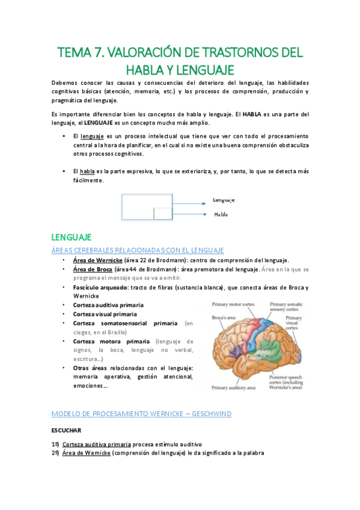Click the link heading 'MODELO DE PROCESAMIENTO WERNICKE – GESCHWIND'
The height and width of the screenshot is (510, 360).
(x=141, y=414)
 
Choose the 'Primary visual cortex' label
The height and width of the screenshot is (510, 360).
(x=293, y=323)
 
